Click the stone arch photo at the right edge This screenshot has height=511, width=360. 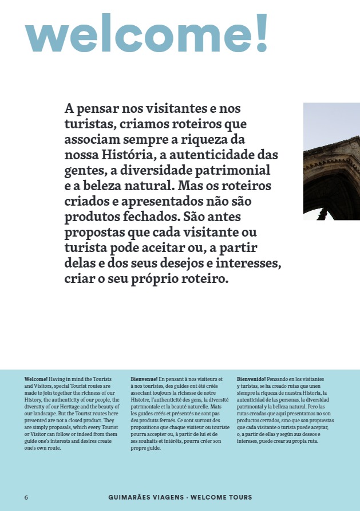[x=331, y=162]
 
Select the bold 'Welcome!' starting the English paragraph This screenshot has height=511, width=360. [x=36, y=379]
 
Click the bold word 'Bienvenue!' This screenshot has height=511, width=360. [x=144, y=379]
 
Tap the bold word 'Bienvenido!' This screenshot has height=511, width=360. [x=251, y=379]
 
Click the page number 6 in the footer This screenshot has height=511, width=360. [x=26, y=497]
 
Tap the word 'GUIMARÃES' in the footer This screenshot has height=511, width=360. [x=130, y=497]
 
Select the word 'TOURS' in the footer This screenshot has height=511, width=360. [x=239, y=497]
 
